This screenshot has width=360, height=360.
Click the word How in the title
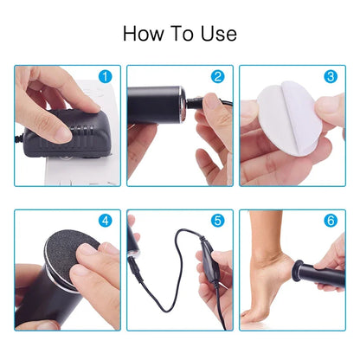point(141,34)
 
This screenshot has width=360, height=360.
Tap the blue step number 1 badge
point(106,77)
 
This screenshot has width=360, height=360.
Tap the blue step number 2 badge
point(217,77)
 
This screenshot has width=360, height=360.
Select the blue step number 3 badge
point(330,77)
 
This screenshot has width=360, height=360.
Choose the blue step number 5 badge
point(217,222)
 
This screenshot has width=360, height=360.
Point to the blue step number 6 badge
point(330,222)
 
